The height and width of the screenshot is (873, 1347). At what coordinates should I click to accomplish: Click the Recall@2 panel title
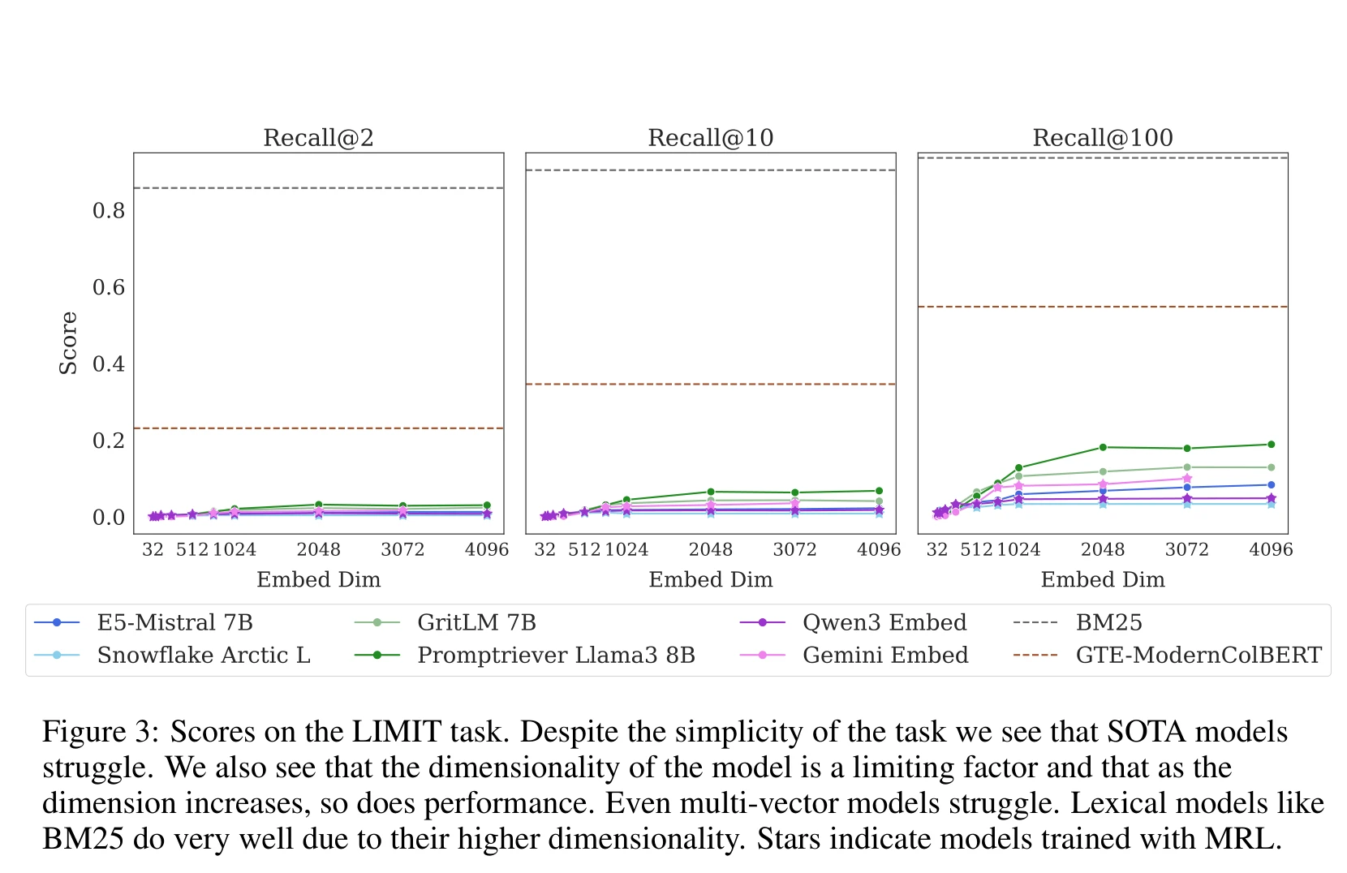coord(318,138)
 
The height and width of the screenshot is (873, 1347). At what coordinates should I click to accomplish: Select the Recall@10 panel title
coord(710,138)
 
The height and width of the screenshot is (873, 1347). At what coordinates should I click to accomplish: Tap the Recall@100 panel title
coord(1102,138)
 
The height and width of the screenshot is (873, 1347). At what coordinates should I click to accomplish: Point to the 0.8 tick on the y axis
coord(109,211)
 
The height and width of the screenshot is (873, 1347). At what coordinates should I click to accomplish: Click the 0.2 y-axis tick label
coord(109,441)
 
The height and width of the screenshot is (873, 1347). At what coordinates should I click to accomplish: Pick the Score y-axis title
coord(69,343)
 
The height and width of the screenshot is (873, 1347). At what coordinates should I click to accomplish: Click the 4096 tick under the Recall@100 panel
coord(1271,550)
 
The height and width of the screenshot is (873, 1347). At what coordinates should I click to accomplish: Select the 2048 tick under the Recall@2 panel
coord(318,550)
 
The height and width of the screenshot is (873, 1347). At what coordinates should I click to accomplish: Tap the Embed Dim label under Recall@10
coord(710,579)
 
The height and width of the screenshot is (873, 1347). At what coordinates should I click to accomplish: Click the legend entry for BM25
coord(1108,622)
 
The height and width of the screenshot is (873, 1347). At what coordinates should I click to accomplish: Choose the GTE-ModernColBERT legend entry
coord(1198,655)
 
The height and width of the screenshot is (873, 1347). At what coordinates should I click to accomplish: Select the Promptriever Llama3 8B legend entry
coord(556,655)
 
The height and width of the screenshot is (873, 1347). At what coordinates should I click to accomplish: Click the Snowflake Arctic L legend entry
coord(204,655)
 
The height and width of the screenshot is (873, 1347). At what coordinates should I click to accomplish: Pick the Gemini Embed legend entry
coord(885,655)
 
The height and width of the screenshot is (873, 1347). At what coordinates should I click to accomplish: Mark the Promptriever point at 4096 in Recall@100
coord(1271,445)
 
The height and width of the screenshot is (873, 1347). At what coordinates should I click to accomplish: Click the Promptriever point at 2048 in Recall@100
coord(1103,447)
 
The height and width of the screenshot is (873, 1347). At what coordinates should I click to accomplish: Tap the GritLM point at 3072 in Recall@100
coord(1187,467)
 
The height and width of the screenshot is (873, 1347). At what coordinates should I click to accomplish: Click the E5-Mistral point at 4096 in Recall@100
coord(1271,485)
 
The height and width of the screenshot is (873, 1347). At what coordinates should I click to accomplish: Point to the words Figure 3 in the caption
coord(97,732)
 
